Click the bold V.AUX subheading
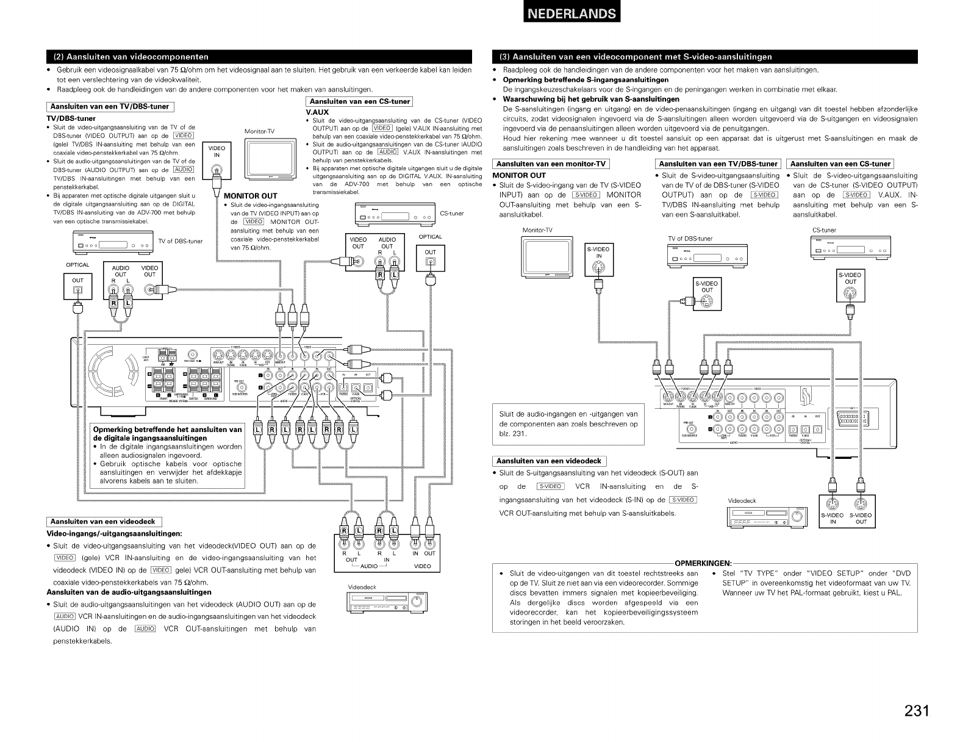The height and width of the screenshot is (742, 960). (317, 112)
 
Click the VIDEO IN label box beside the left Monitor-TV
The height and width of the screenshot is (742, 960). (216, 151)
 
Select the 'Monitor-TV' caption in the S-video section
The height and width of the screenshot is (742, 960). (537, 230)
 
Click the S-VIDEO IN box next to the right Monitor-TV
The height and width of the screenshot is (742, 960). (598, 253)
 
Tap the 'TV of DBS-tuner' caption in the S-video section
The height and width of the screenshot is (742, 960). (690, 239)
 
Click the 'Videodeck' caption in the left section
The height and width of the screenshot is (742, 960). (362, 587)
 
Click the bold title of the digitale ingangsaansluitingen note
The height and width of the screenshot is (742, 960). (167, 434)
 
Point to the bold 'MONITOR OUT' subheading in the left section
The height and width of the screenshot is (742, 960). (251, 196)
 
